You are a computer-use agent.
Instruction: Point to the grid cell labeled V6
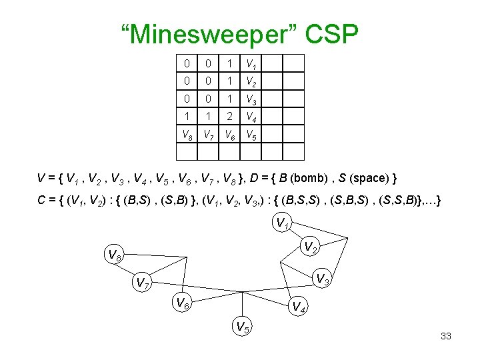tap(230, 134)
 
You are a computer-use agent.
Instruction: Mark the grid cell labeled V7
tap(209, 134)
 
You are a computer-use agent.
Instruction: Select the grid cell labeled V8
tap(187, 134)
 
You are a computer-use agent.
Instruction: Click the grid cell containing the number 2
tap(230, 117)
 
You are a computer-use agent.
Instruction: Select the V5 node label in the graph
tap(242, 327)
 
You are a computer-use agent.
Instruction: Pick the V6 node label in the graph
tap(181, 303)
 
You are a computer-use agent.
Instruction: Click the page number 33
tap(446, 336)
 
